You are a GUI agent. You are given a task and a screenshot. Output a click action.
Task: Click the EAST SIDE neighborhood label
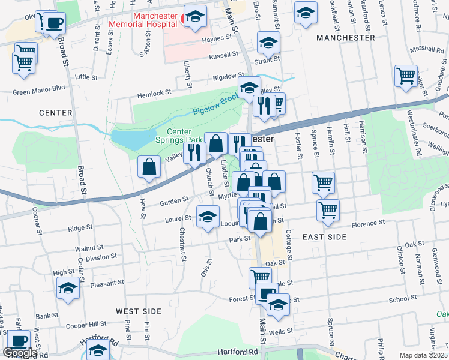324,237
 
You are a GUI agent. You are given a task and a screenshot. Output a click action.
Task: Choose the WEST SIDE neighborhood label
139,311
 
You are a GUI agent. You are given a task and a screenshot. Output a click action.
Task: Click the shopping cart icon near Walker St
406,76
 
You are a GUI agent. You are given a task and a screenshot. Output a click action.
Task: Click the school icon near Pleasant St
68,289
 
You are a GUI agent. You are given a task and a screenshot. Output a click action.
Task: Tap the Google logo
20,353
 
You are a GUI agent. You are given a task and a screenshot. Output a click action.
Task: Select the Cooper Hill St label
89,326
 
